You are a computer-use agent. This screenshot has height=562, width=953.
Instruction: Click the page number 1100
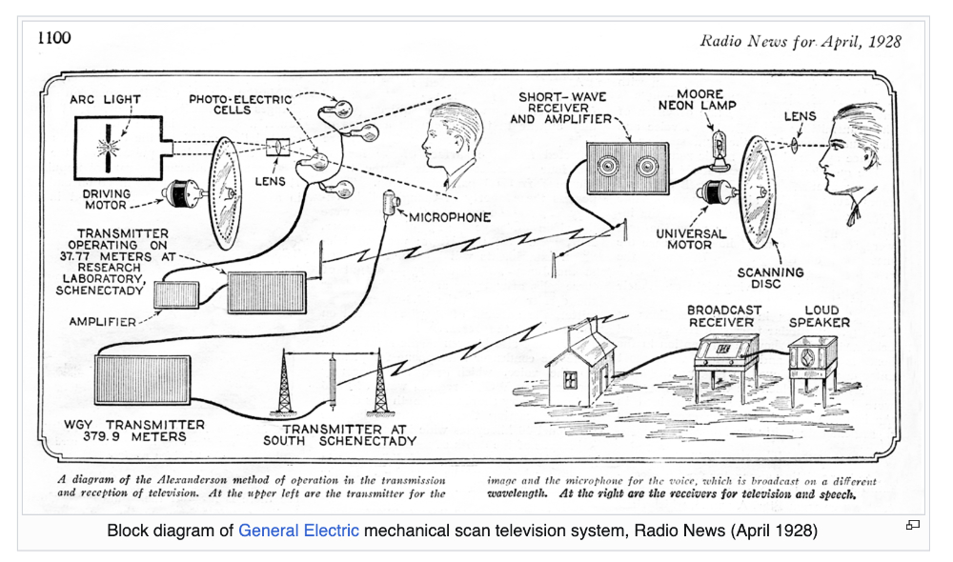(x=53, y=38)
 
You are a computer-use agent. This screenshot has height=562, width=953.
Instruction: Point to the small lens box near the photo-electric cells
(x=278, y=149)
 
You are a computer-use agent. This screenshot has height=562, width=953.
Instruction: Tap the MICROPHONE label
(x=450, y=217)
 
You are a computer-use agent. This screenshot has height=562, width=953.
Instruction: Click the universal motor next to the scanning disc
(x=717, y=194)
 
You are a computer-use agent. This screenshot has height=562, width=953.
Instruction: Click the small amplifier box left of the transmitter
(x=177, y=295)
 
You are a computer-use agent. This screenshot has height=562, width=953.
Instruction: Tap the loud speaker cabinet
(x=812, y=359)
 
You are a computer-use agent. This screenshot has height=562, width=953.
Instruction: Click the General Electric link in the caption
(x=298, y=531)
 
